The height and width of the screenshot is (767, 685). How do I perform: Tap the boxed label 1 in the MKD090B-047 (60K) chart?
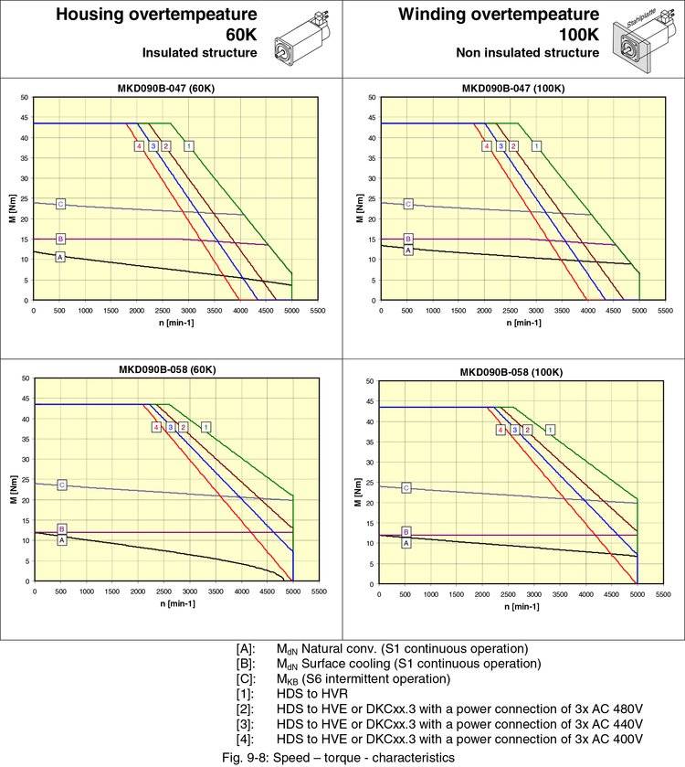[x=189, y=145]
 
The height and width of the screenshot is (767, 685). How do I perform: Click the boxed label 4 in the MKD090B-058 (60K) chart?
[x=157, y=427]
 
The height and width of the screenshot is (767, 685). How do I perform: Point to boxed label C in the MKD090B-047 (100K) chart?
[x=408, y=204]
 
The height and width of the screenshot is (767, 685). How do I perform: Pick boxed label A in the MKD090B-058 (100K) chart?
[x=406, y=542]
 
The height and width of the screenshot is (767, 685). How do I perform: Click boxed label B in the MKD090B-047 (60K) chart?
[x=60, y=239]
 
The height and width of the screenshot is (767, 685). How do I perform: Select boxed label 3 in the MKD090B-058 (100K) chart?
[x=514, y=430]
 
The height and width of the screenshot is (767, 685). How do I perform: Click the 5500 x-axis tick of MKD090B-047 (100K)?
[x=665, y=312]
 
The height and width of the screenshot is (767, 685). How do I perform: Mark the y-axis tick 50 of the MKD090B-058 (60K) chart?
[x=25, y=378]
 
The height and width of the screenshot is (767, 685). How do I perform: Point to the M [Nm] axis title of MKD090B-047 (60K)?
[x=13, y=198]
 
